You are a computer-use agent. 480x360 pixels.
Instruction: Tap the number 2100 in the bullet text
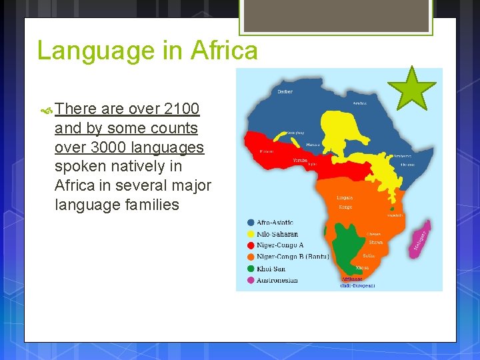(181, 109)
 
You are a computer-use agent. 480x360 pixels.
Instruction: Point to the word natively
(151, 166)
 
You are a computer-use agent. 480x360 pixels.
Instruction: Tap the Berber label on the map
(285, 91)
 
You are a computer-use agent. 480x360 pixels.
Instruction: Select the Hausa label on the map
(312, 144)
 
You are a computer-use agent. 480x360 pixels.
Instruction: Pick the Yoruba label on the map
(300, 160)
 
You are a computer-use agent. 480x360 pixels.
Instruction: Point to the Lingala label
(345, 198)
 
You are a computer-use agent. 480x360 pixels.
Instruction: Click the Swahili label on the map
(395, 215)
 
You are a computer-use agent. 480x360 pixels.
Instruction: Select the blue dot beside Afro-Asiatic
(250, 223)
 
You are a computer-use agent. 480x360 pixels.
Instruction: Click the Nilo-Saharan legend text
(277, 234)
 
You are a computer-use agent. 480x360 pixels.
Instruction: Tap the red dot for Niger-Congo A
(250, 245)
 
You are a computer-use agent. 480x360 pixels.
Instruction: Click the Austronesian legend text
(277, 280)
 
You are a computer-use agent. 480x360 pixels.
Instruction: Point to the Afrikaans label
(351, 279)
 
